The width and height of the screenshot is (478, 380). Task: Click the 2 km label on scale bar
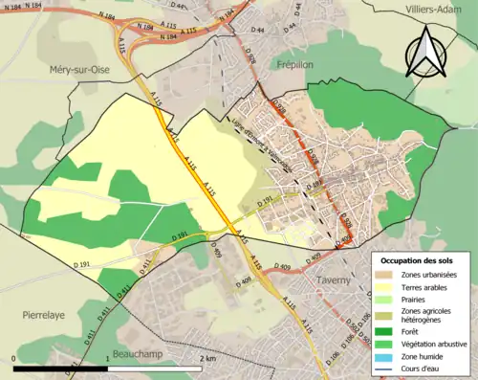pyautogui.click(x=208, y=358)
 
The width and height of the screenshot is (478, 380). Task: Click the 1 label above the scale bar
pyautogui.click(x=106, y=358)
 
